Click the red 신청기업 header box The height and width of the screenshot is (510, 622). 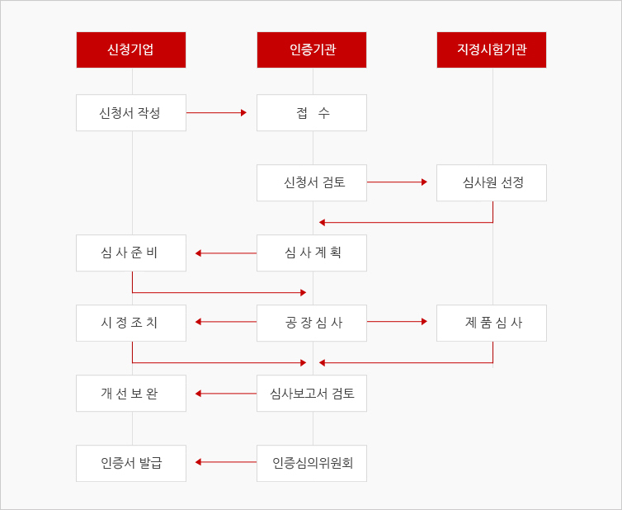coord(131,50)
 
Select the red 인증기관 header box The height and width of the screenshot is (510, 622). coord(312,50)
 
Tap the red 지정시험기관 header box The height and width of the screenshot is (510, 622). coord(492,50)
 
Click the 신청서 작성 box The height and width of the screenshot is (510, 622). coord(131,113)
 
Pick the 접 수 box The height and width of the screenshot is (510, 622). coord(312,113)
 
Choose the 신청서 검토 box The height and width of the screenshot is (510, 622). coord(312,182)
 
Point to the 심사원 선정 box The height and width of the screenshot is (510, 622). coord(492,182)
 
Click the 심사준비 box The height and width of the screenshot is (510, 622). coord(131,253)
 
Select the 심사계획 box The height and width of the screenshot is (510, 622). coord(312,253)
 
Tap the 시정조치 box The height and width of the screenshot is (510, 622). coord(131,323)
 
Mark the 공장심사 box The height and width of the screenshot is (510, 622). coord(312,323)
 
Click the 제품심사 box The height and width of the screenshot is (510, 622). coord(492,323)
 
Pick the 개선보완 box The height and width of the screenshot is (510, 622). coord(131,394)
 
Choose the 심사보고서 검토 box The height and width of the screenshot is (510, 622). coord(312,394)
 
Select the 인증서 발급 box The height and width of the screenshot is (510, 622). coord(131,463)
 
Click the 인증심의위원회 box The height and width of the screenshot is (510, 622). coord(312,463)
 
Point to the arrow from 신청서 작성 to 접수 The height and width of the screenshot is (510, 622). coord(217,113)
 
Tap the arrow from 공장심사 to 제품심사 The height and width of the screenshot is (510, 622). coord(397,322)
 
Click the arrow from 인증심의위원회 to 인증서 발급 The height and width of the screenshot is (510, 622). coord(226,462)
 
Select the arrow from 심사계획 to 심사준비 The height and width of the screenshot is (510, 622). coord(226,253)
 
